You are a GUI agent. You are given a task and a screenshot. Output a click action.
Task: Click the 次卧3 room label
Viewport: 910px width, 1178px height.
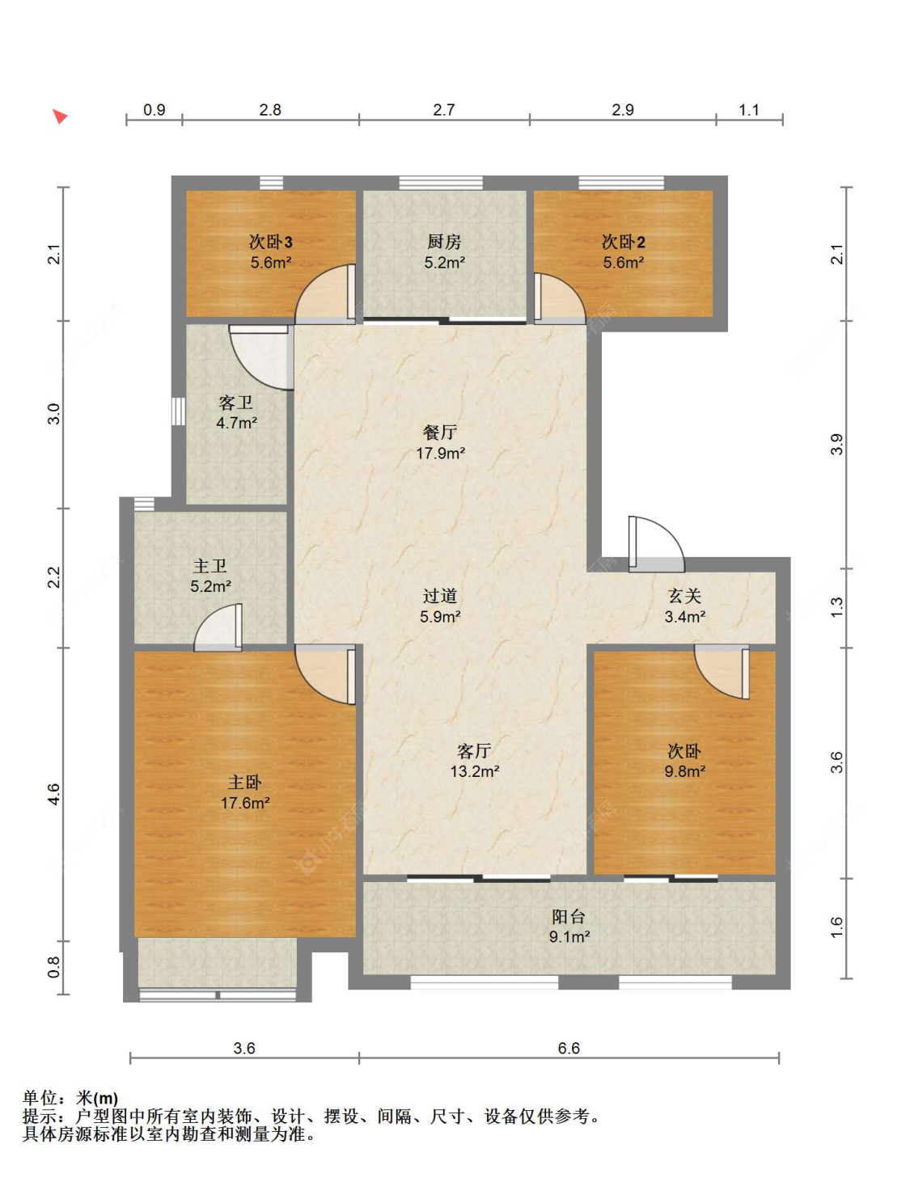click(271, 242)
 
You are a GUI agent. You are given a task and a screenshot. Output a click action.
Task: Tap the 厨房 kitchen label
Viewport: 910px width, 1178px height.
click(444, 242)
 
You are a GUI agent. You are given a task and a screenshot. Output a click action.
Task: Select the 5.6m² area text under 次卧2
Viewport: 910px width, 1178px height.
click(623, 263)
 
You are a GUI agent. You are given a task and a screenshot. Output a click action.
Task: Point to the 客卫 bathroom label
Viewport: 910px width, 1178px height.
click(236, 403)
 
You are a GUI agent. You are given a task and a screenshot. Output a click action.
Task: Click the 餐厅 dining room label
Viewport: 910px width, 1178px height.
click(440, 432)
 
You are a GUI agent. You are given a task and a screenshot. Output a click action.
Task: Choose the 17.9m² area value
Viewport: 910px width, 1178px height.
click(440, 454)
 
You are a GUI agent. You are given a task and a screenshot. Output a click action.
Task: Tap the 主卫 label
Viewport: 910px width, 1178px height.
click(210, 566)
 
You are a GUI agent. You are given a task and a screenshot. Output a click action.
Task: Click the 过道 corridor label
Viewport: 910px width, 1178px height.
click(440, 596)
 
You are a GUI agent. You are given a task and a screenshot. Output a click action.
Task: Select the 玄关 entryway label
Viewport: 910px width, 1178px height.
click(684, 596)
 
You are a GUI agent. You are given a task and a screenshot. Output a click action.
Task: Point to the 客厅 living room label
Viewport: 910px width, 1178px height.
click(474, 751)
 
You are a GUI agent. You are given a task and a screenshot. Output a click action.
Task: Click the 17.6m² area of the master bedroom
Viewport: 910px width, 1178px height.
click(245, 803)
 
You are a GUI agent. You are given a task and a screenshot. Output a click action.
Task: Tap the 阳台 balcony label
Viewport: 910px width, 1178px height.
click(569, 916)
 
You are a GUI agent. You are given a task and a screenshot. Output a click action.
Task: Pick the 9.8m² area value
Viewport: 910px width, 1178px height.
click(684, 771)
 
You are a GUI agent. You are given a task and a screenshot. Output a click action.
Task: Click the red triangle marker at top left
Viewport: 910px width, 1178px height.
click(60, 116)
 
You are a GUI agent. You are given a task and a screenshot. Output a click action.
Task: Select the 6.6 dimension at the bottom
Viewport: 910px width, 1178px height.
click(569, 1048)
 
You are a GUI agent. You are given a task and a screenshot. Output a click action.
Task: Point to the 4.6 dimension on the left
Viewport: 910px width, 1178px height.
click(53, 794)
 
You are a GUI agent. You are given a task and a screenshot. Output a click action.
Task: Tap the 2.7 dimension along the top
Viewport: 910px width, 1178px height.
click(443, 110)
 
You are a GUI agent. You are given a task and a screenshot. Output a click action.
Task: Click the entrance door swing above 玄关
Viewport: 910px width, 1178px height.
click(656, 544)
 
